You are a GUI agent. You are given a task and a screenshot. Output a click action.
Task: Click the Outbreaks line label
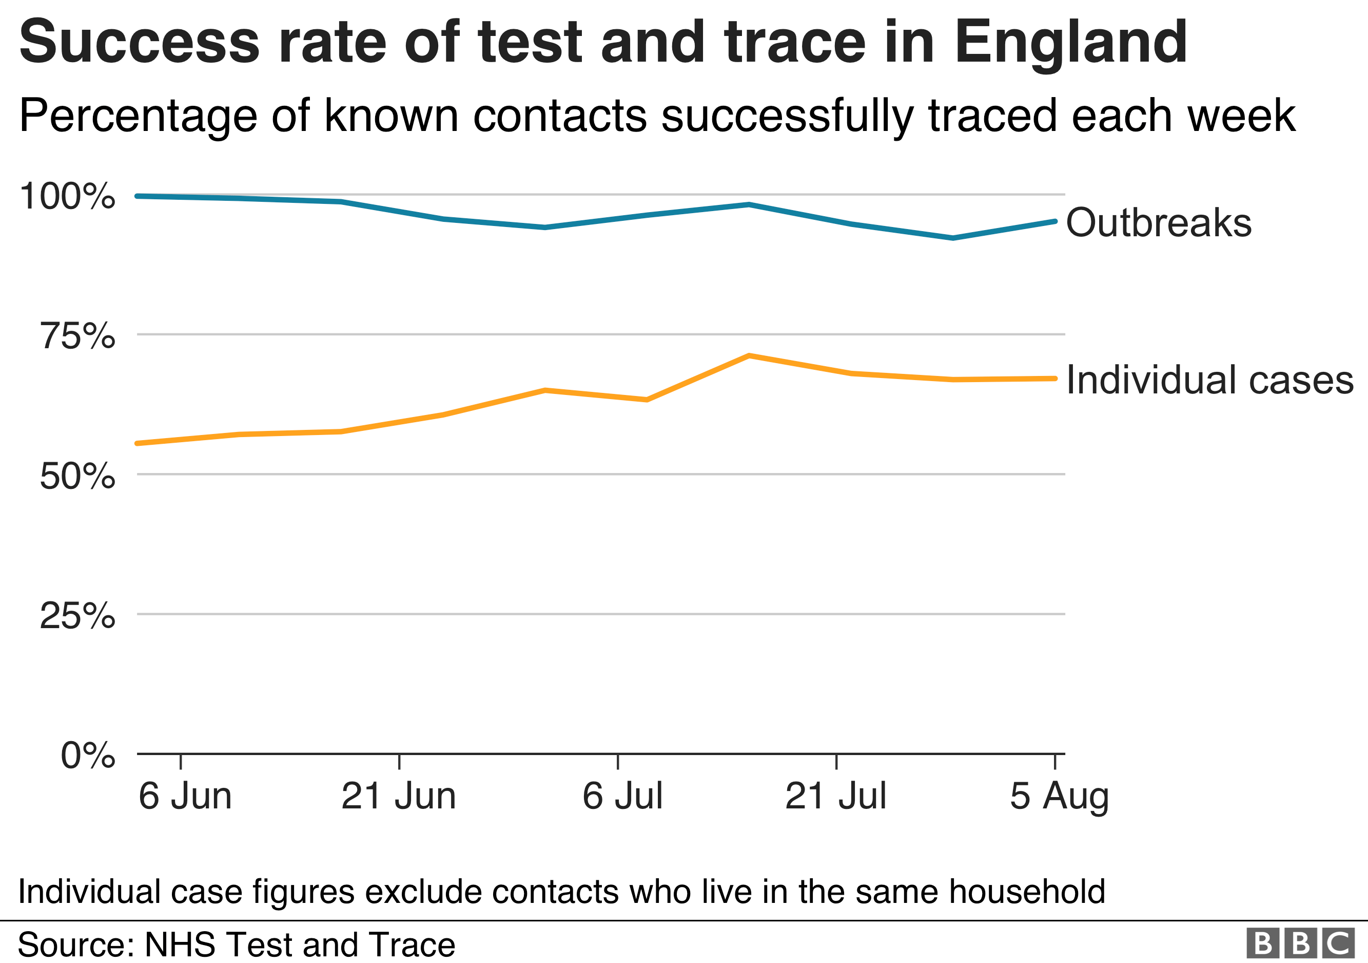pyautogui.click(x=1158, y=222)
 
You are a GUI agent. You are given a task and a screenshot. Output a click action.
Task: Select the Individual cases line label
pyautogui.click(x=1209, y=380)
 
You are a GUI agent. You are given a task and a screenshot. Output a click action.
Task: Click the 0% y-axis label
pyautogui.click(x=88, y=756)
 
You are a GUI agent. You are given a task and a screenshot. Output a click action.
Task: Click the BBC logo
pyautogui.click(x=1299, y=943)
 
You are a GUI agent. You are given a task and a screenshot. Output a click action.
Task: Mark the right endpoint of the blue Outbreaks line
pyautogui.click(x=1054, y=221)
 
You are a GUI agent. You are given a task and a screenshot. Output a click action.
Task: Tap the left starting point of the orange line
pyautogui.click(x=138, y=444)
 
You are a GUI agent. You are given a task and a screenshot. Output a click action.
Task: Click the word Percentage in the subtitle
pyautogui.click(x=138, y=116)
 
